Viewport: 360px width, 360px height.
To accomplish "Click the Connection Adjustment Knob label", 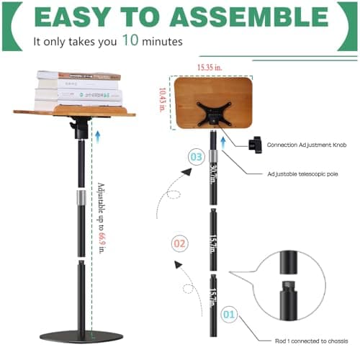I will [x=307, y=145].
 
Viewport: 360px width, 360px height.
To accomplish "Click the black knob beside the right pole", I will [x=256, y=144].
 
